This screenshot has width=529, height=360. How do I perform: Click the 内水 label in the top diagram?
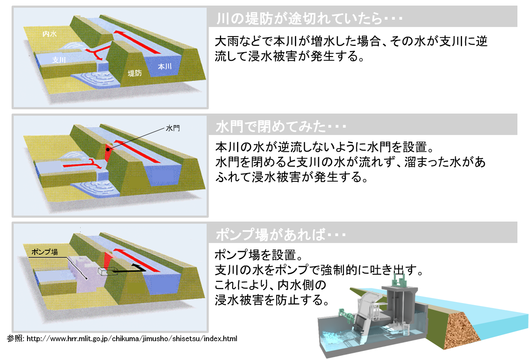click(x=50, y=34)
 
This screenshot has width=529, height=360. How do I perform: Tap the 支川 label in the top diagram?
click(x=59, y=60)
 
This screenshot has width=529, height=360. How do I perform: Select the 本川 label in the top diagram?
click(x=165, y=66)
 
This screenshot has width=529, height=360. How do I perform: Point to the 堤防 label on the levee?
click(x=135, y=73)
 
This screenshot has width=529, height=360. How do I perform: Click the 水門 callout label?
click(x=173, y=128)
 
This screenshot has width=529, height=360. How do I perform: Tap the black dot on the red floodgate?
click(x=108, y=150)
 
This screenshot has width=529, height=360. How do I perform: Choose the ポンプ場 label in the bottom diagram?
click(x=45, y=252)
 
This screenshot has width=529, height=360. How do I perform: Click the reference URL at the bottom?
click(x=132, y=339)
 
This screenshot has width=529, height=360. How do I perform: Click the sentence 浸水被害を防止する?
click(x=272, y=300)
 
